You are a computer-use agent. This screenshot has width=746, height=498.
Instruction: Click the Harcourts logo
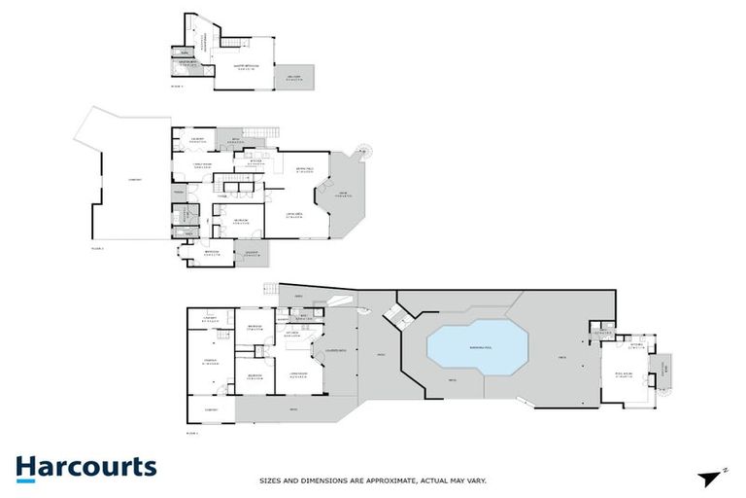pos(85,467)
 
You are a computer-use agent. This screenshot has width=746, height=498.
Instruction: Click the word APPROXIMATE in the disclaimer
pos(371,480)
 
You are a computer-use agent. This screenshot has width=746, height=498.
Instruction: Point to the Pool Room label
pos(624,373)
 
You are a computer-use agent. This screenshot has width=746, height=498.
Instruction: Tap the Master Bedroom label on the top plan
pos(243,67)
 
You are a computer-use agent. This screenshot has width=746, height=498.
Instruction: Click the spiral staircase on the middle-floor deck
pos(364,151)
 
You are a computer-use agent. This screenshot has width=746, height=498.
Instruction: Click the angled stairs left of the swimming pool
pos(396,314)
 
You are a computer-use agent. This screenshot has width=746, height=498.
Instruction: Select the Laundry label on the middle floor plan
pos(197,139)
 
